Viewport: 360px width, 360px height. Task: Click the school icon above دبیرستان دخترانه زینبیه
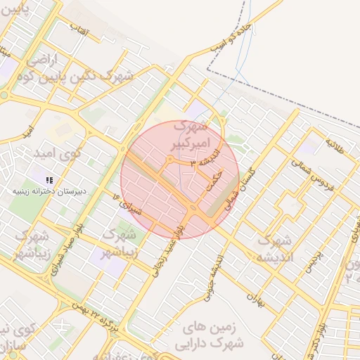[x=49, y=180]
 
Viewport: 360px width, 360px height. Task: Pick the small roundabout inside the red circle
[x=170, y=160]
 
